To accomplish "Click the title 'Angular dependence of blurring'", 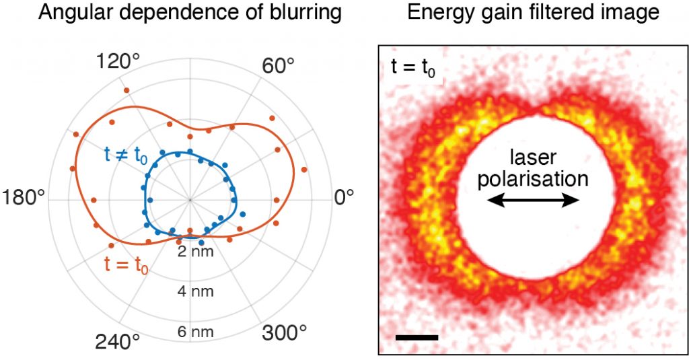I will pos(190,12).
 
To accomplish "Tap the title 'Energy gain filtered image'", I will pos(533,12).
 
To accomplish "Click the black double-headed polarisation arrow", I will pos(533,201).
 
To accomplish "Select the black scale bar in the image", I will pos(416,336).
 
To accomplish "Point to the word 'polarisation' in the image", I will pos(532,178).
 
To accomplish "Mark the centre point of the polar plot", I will pos(190,200).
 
